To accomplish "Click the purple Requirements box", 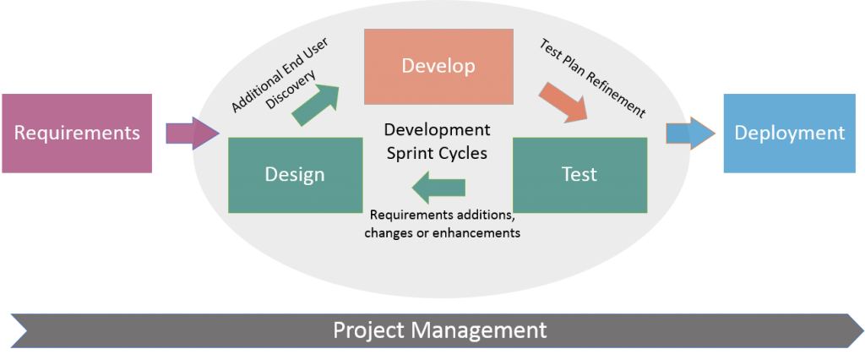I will click(77, 134).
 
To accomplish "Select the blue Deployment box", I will click(789, 134).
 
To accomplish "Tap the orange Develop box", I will click(438, 66).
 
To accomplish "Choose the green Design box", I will click(294, 175).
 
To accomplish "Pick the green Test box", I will click(579, 175).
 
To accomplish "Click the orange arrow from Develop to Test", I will click(563, 102).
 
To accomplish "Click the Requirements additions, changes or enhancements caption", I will click(442, 223).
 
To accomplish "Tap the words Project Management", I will click(439, 330).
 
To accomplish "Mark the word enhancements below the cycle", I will click(477, 232).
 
